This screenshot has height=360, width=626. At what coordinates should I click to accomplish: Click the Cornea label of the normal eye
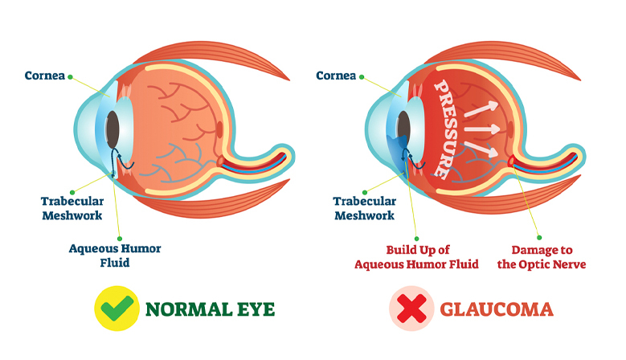pos(45,76)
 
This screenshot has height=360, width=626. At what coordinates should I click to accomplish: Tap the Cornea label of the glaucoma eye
pos(336,76)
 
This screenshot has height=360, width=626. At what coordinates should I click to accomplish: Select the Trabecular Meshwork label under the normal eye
pos(72,208)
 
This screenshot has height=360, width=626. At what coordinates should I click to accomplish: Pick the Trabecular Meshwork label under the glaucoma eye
pos(365,208)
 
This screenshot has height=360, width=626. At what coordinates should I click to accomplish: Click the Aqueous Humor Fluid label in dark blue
pos(115,256)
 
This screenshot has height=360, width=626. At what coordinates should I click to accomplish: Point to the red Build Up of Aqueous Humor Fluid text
pos(416,257)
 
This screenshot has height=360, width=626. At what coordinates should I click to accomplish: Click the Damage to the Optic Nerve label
pos(542,257)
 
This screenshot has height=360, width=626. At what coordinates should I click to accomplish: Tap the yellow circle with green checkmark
pos(117,309)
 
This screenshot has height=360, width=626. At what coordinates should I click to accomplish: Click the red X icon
pos(411,309)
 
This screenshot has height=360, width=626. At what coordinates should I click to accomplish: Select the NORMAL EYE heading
pos(210,309)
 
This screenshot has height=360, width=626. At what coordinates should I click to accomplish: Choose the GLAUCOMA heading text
pos(497,309)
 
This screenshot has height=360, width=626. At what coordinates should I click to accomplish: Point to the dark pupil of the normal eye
pos(113,129)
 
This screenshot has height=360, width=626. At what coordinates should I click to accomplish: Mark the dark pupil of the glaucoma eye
pos(403,129)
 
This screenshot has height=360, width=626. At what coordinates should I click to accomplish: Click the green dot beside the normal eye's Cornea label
pos(70,77)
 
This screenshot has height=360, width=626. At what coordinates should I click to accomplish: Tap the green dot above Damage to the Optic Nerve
pos(539,238)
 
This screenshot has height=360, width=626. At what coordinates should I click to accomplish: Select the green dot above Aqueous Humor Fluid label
pos(120,239)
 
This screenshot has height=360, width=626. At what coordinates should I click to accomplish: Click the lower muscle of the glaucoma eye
pos(507,198)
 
